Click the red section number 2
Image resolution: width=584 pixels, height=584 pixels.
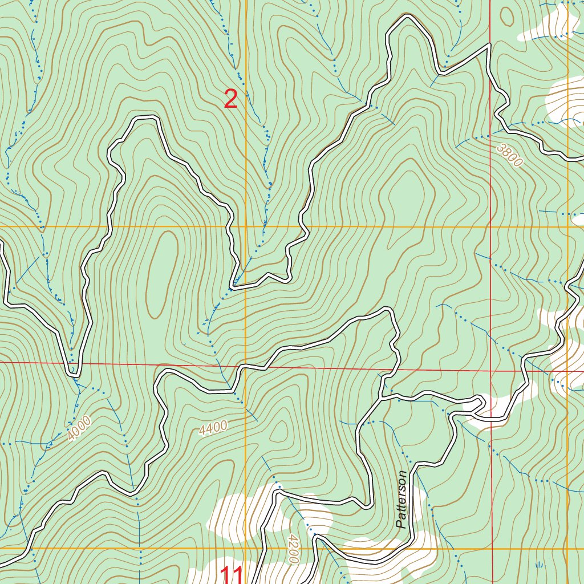(230, 100)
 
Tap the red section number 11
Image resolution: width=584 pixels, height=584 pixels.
(232, 575)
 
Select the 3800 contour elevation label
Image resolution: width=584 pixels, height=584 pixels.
(509, 155)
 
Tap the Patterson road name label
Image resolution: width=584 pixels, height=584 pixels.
(403, 500)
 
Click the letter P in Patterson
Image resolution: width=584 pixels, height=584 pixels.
(403, 524)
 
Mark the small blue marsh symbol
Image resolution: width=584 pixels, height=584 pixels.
(539, 564)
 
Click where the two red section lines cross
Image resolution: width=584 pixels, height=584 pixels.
(491, 371)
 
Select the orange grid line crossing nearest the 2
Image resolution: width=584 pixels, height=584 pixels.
(246, 227)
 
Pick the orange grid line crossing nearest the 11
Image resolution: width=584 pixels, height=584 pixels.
(246, 549)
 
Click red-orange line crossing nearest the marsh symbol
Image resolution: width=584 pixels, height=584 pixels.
(491, 549)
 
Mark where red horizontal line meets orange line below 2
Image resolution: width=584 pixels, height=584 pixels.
(246, 364)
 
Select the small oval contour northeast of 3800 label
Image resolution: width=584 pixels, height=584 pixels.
(506, 16)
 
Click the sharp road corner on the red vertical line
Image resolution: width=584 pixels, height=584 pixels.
(490, 44)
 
